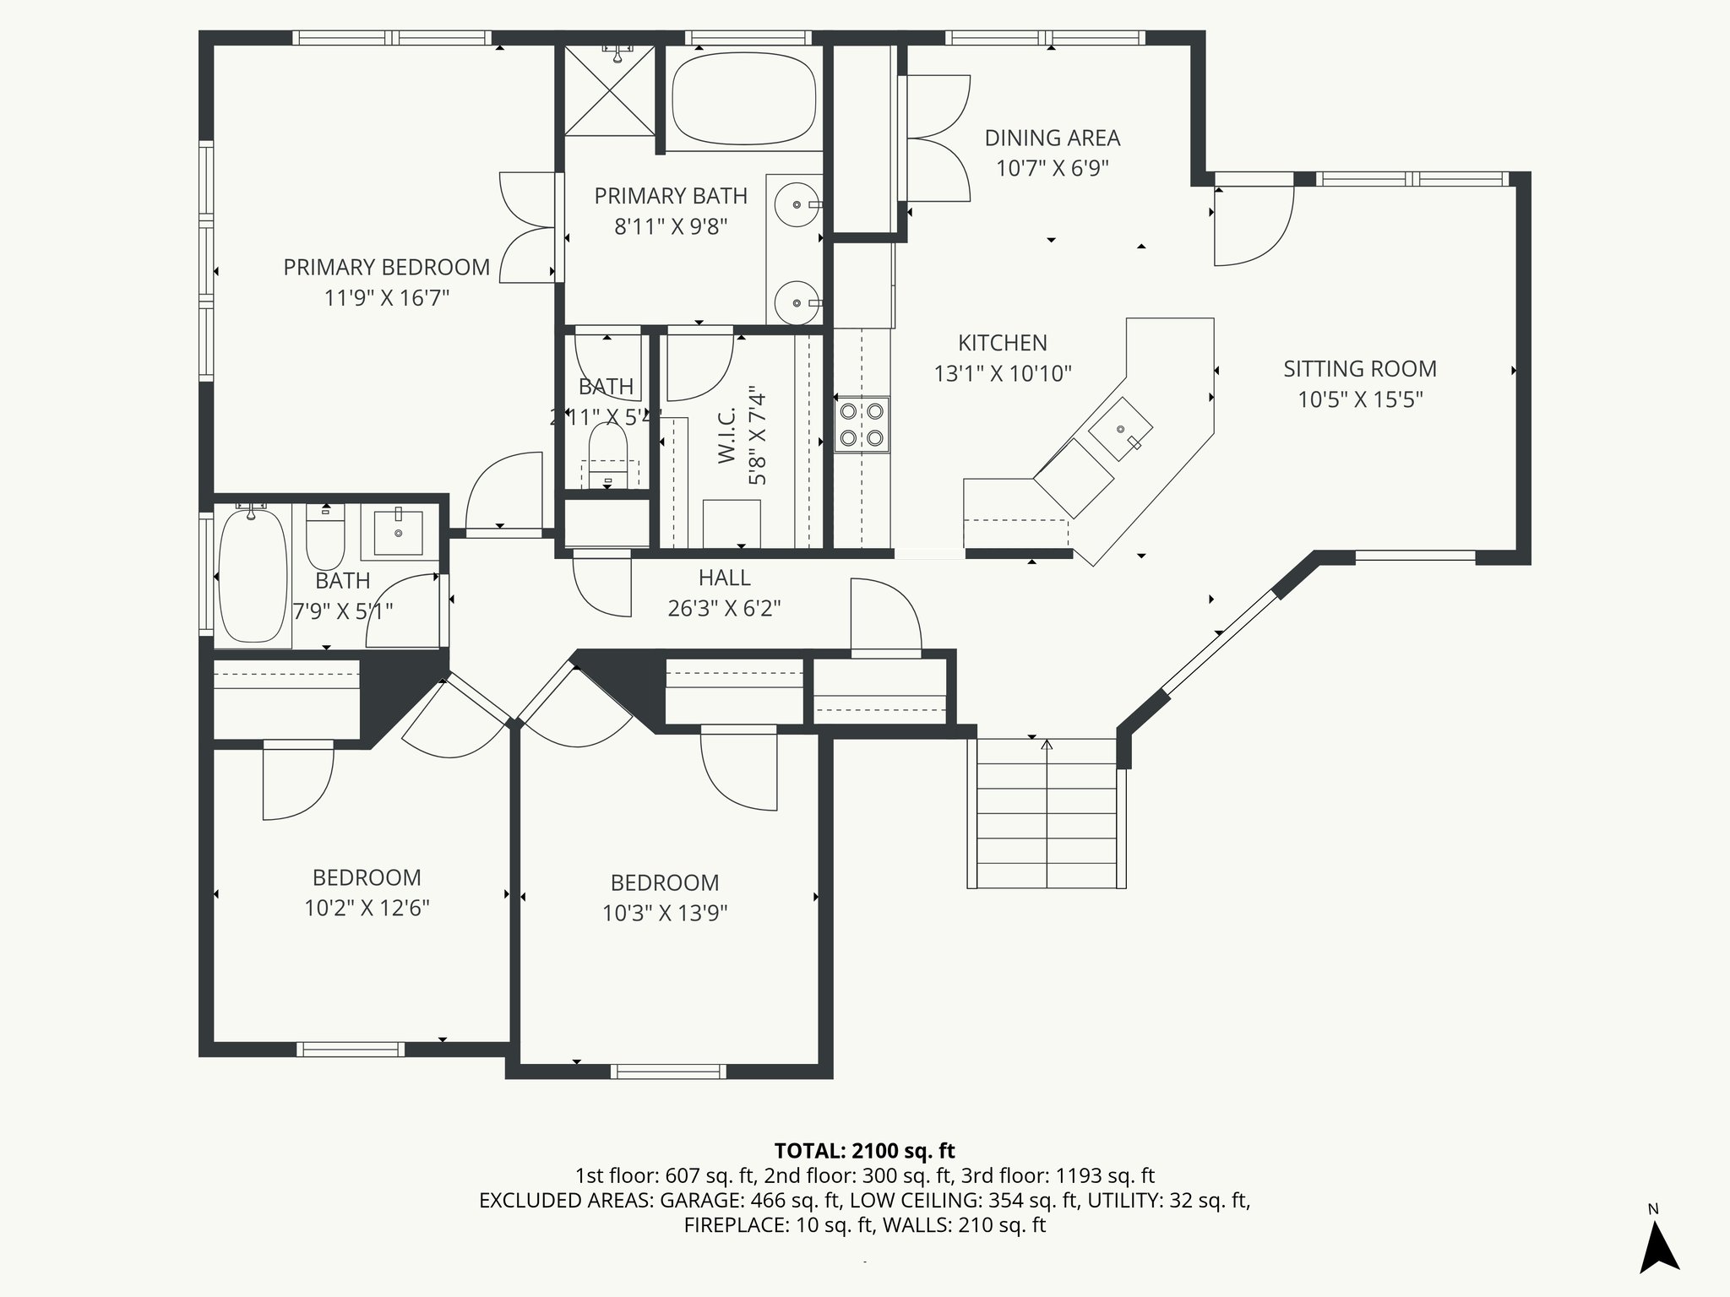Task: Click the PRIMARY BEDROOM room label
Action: tap(386, 268)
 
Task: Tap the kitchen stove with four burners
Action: tap(862, 425)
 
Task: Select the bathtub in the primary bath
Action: tap(743, 100)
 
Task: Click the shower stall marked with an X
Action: tap(609, 90)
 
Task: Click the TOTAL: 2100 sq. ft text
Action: tap(864, 1151)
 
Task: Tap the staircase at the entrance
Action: tap(1047, 812)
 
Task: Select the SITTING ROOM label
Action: tap(1359, 369)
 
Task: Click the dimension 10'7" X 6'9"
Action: tap(1052, 168)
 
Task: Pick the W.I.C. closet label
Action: tap(727, 435)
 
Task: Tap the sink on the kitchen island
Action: tap(1120, 428)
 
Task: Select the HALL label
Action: tap(724, 578)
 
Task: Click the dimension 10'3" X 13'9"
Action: tap(665, 914)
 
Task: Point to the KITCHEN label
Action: tap(1002, 343)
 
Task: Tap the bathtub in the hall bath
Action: tap(252, 577)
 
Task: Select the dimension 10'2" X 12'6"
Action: tap(367, 909)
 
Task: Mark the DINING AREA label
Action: tap(1052, 138)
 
